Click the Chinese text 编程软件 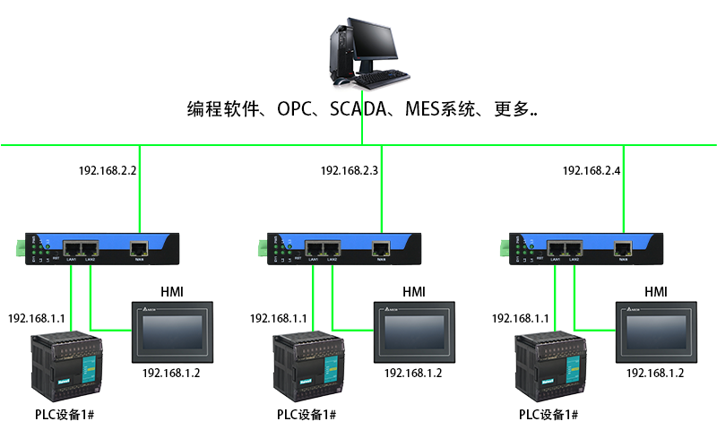pyautogui.click(x=220, y=110)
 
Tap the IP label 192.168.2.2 pyautogui.click(x=108, y=170)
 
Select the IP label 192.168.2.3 pyautogui.click(x=350, y=170)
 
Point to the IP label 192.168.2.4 pyautogui.click(x=592, y=170)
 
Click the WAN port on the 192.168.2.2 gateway pyautogui.click(x=139, y=248)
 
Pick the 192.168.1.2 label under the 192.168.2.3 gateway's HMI pyautogui.click(x=413, y=373)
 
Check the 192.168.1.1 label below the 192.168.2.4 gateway pyautogui.click(x=521, y=318)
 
